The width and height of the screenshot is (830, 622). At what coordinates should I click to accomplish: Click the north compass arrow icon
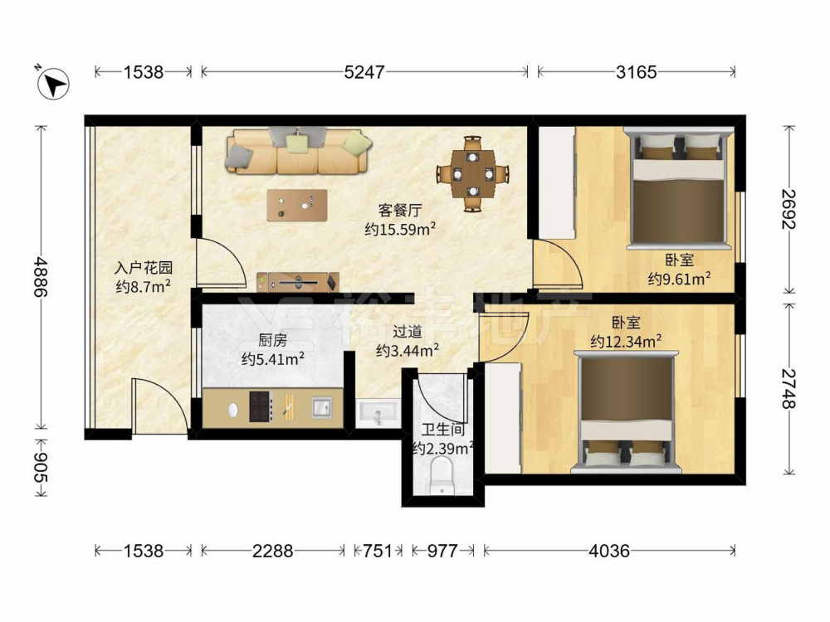pos(54,82)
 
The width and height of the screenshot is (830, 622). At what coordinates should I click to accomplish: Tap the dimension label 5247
pos(364,72)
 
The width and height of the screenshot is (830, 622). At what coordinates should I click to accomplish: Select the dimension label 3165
pos(637,72)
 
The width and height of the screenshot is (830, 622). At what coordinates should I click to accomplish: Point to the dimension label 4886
pos(41,277)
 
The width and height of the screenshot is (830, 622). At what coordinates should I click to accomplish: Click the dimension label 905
pos(41,468)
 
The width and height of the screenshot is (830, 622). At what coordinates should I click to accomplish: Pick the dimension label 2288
pos(272,552)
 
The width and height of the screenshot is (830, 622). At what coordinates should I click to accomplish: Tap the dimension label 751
pos(378,552)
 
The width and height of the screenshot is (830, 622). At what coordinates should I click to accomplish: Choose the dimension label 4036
pos(609,552)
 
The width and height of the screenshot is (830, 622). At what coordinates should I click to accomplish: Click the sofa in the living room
pos(299,151)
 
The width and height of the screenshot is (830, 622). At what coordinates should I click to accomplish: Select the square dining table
pos(473,173)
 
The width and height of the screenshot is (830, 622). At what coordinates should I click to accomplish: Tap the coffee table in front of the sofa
pos(297,205)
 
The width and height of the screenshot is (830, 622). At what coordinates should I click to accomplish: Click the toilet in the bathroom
pos(442,476)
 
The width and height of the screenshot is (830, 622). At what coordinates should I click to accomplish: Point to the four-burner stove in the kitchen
pos(261,406)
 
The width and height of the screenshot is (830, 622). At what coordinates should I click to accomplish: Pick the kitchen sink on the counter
pos(322,407)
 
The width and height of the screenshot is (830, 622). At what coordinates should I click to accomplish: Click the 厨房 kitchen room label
pos(272,340)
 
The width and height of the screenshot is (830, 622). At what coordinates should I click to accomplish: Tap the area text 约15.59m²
pos(400,230)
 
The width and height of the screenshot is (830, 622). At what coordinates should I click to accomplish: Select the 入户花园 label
pos(144,268)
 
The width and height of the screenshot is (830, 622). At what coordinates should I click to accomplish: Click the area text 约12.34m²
pos(626,342)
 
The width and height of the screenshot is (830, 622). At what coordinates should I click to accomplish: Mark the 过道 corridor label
pos(408,332)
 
